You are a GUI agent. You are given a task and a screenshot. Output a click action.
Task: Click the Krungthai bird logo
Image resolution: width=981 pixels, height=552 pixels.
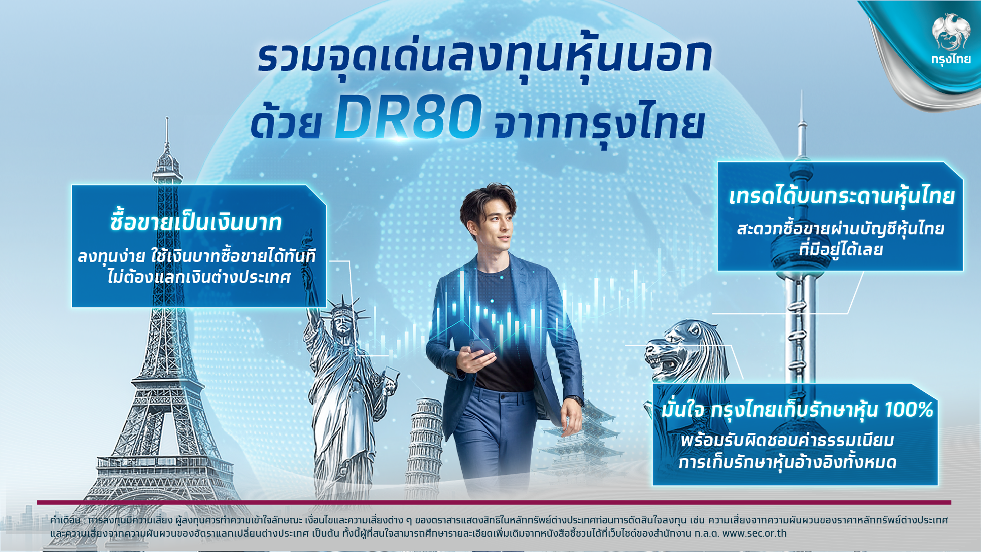coord(950,32)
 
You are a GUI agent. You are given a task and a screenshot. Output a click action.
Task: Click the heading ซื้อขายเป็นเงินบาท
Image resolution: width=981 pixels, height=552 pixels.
coord(196,222)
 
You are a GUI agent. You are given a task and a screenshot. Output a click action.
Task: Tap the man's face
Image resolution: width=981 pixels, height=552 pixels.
coord(494,225)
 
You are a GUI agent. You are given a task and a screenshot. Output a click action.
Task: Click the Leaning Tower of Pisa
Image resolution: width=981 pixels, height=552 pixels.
coord(423,444)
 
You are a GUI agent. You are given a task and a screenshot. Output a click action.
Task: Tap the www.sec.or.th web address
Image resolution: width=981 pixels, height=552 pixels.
coord(755,534)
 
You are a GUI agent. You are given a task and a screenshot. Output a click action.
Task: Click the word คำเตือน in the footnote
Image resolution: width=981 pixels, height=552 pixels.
coord(65,520)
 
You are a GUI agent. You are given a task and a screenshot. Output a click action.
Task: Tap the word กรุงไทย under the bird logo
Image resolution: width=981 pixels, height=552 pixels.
coord(950,59)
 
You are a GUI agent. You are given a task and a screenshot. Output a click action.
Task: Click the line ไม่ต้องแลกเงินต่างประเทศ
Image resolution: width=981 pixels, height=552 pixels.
coord(199,277)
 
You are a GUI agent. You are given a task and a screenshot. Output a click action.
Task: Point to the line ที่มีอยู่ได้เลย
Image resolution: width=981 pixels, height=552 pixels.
coord(841,250)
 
